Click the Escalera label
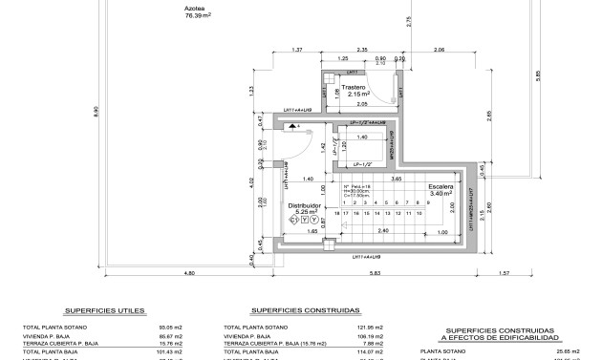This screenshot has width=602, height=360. (x=441, y=187)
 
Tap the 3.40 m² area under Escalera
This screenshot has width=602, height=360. (x=441, y=195)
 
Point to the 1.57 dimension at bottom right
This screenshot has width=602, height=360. (x=531, y=275)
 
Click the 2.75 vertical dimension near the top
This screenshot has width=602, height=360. (x=408, y=29)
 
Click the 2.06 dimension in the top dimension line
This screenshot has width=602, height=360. (x=439, y=49)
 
